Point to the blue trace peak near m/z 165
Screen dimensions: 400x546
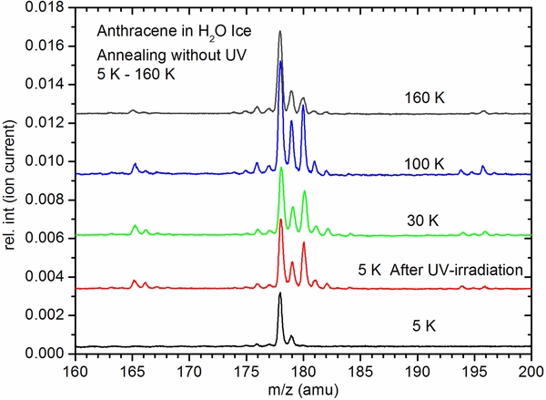click(135, 164)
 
